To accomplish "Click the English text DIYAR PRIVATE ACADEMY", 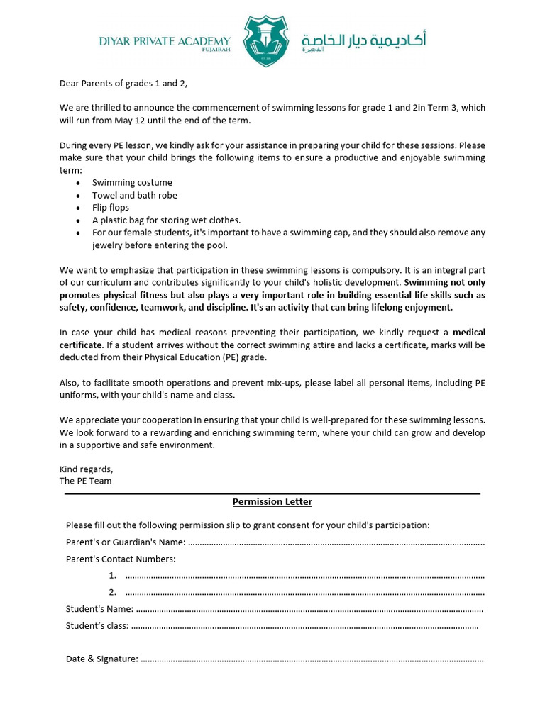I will point(165,41).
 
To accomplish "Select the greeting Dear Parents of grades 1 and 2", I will point(123,84).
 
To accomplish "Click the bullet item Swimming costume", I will point(132,182).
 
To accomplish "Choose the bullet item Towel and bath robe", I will point(135,195).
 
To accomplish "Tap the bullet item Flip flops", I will point(110,208).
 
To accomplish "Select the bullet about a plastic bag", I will point(166,220).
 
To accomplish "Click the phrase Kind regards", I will point(86,469).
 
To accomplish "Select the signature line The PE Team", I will point(85,481).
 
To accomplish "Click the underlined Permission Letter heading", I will point(272,502).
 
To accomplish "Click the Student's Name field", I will point(309,609).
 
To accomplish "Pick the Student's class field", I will point(305,626).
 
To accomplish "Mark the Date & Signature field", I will point(312,659).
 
